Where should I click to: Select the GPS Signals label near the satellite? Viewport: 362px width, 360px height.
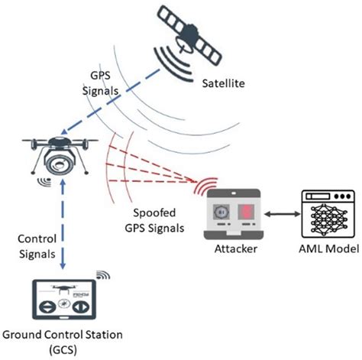point(105,83)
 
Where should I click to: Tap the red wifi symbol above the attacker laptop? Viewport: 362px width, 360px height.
point(205,186)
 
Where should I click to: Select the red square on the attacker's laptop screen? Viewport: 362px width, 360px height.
point(249,209)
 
